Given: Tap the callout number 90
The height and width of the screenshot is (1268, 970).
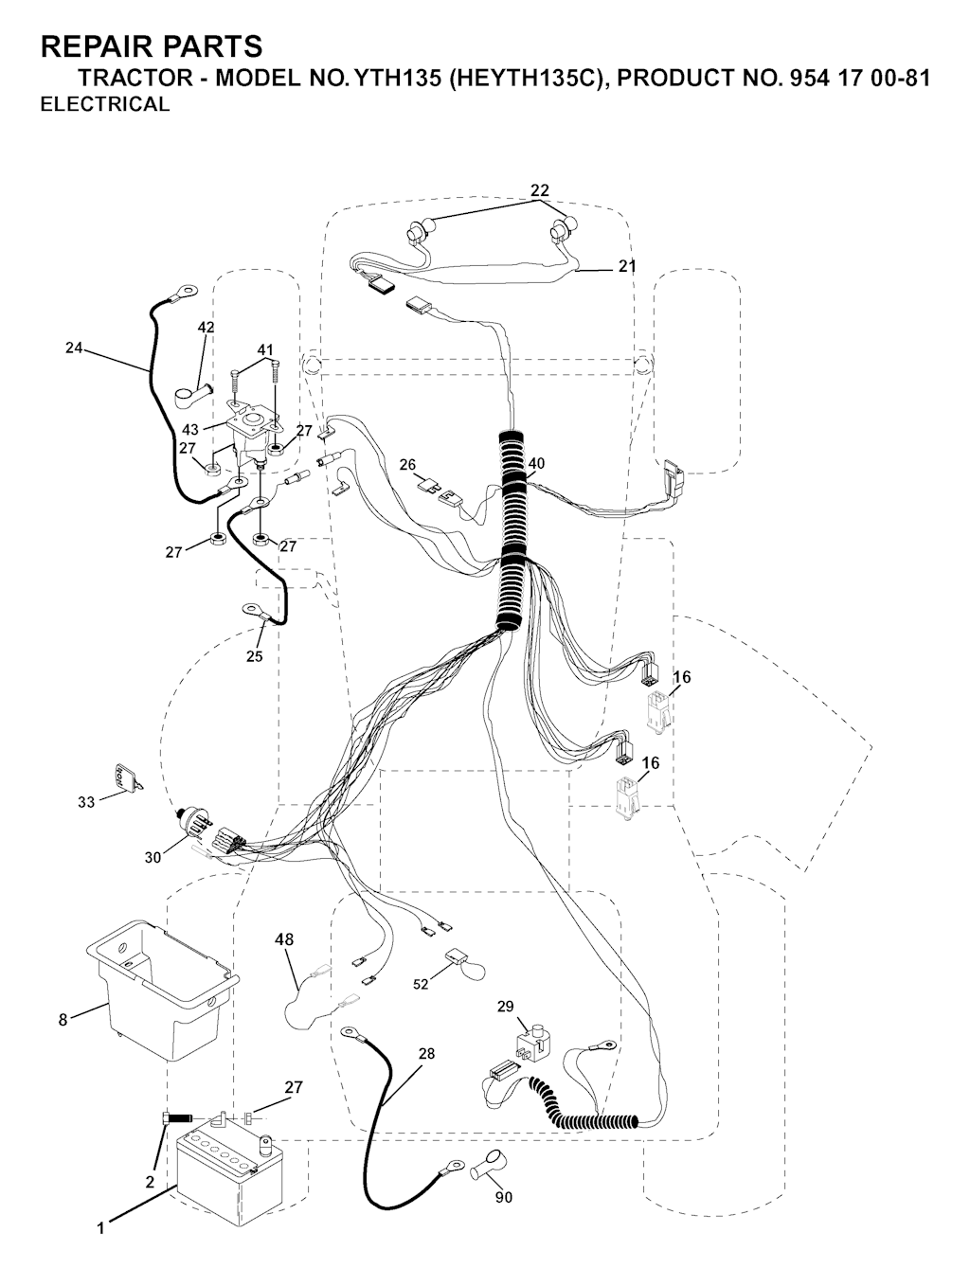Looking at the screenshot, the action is point(504,1195).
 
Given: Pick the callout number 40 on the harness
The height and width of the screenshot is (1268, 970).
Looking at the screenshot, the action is point(536,463).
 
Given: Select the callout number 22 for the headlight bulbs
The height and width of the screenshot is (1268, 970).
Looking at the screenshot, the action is point(540,190).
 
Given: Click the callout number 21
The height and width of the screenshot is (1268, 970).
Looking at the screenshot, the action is point(627,266).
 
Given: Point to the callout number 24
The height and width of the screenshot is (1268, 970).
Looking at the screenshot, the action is point(73,348).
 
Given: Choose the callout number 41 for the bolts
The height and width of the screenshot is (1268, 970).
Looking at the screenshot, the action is point(265,350).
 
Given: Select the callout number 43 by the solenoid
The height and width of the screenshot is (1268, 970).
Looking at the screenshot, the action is point(190,430).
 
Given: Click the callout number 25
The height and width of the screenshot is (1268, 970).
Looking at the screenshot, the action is point(254,656).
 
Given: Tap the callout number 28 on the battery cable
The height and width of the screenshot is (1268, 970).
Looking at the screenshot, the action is point(426,1054).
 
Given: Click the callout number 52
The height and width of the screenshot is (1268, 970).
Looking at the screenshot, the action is point(421,984).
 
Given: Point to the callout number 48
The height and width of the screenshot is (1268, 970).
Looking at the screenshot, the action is point(284,940).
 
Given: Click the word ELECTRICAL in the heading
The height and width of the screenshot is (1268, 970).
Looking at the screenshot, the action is point(105,104).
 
